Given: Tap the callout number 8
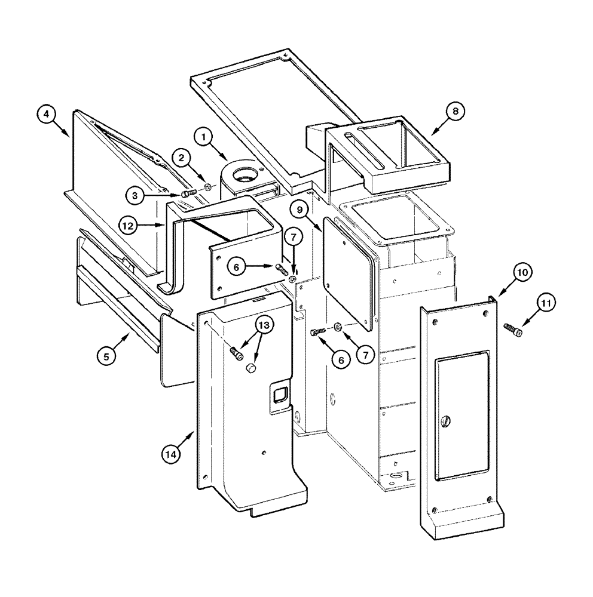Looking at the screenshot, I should [455, 111].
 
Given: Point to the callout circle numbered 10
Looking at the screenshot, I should [522, 272].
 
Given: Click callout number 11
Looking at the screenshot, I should [545, 303].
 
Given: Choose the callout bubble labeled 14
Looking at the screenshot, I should [172, 454].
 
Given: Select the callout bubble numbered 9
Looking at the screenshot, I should [299, 209].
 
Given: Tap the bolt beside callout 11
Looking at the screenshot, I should [513, 329].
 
